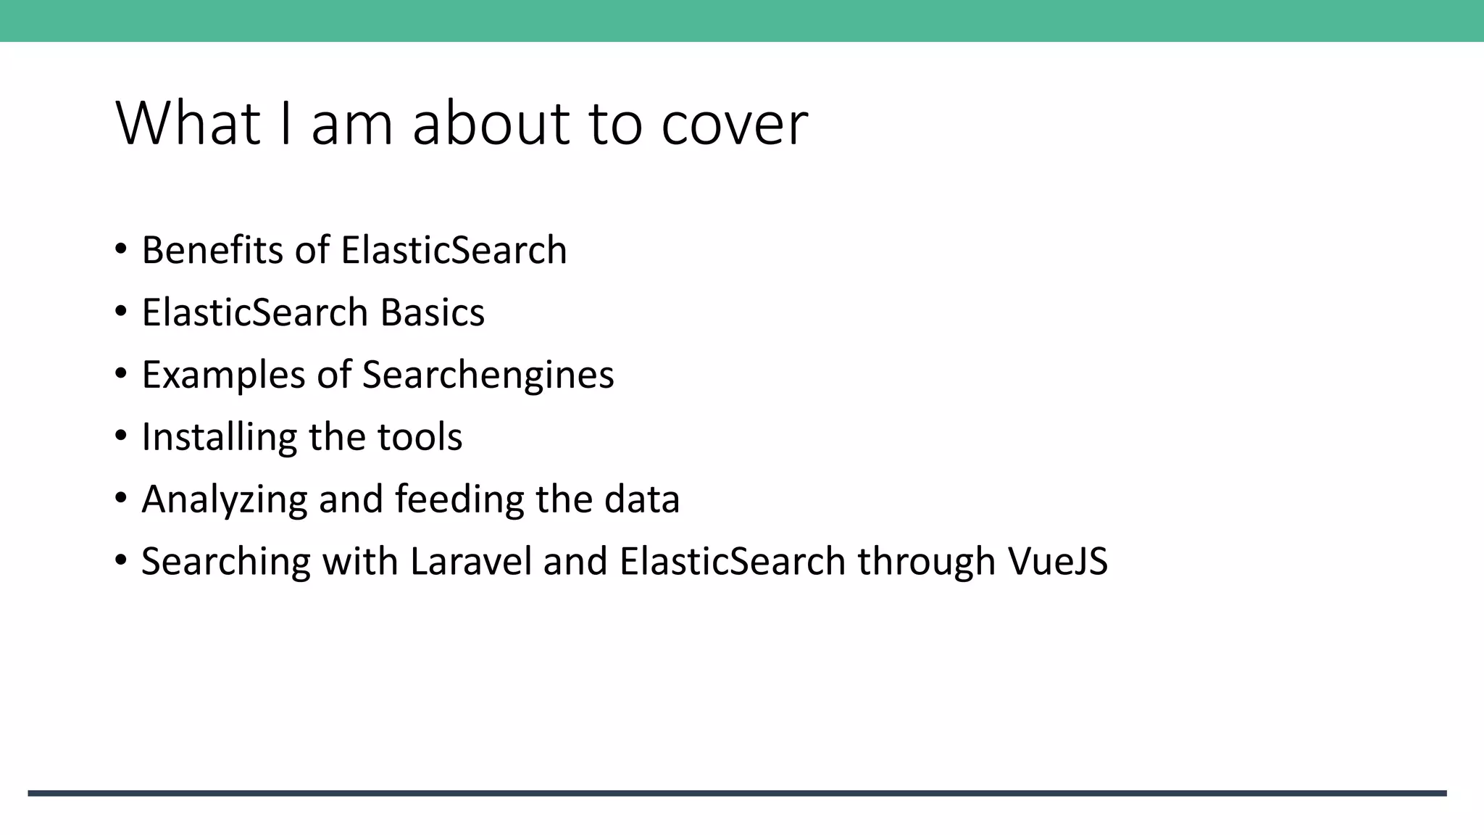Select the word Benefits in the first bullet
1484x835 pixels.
pyautogui.click(x=213, y=250)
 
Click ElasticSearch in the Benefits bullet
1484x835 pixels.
pyautogui.click(x=454, y=250)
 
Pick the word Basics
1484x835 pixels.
pyautogui.click(x=432, y=312)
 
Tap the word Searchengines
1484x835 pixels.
pyautogui.click(x=488, y=375)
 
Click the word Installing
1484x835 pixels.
pyautogui.click(x=219, y=437)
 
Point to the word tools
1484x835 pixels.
pyautogui.click(x=420, y=437)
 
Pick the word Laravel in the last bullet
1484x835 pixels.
pyautogui.click(x=471, y=562)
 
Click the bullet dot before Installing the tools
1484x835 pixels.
pyautogui.click(x=121, y=436)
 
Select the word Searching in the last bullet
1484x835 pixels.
pyautogui.click(x=226, y=562)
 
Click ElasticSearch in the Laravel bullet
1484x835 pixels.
pyautogui.click(x=733, y=562)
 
